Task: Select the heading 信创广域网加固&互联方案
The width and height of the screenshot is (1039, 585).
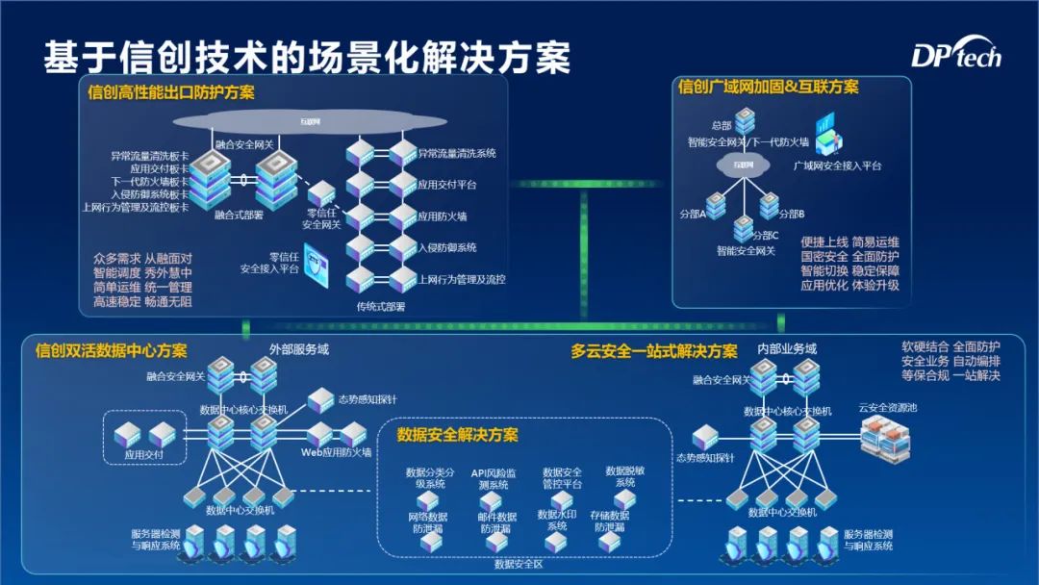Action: pos(768,88)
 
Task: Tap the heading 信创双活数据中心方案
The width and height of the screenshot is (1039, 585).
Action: pos(112,350)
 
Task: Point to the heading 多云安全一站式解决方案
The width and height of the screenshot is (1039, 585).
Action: pos(654,351)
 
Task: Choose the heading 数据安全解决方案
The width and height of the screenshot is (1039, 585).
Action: pos(458,436)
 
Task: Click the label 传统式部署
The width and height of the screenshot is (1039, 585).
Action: pos(380,307)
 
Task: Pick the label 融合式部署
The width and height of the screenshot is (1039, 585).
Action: pos(239,216)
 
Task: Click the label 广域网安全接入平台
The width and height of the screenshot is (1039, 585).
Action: pos(837,166)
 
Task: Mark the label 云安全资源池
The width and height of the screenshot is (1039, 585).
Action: pos(887,408)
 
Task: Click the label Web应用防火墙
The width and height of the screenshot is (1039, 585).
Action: pos(337,451)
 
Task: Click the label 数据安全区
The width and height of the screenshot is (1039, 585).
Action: pos(519,565)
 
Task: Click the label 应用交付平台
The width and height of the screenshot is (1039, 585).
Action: pos(447,185)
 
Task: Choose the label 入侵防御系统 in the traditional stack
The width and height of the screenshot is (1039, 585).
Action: pos(447,247)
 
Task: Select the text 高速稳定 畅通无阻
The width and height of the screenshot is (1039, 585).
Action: pos(142,302)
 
